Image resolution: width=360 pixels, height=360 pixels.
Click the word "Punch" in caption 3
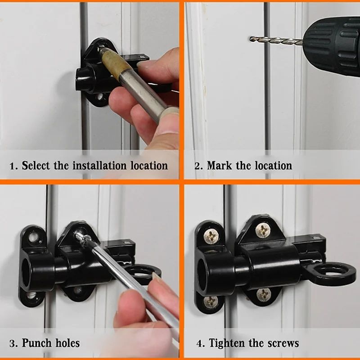(37, 343)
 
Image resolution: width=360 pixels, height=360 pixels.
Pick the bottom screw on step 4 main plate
(263, 295)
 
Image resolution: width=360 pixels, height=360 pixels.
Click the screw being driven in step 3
(80, 234)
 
